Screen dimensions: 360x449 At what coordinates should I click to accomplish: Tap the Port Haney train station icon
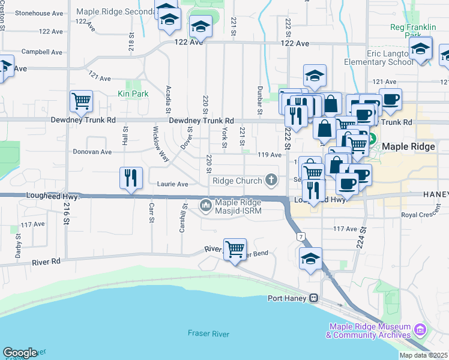[x=313, y=298]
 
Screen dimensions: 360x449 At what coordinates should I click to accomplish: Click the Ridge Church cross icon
[x=271, y=181]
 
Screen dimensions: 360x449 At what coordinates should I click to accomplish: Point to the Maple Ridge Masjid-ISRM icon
[x=206, y=206]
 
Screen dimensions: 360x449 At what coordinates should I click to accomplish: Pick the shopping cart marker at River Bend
[x=235, y=248]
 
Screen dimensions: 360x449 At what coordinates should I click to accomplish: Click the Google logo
[x=20, y=353]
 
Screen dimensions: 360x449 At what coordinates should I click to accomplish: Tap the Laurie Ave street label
[x=173, y=184]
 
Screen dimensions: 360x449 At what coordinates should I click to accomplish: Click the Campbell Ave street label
[x=42, y=52]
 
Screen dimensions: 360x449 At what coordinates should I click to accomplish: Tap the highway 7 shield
[x=300, y=238]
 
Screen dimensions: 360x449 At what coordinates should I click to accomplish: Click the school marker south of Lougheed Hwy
[x=310, y=259]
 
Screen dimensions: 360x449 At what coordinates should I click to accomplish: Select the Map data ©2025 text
[x=422, y=355]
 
